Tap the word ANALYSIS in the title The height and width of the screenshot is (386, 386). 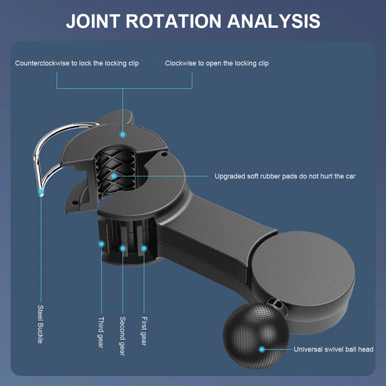[x=274, y=21]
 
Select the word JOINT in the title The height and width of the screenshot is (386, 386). [x=93, y=21]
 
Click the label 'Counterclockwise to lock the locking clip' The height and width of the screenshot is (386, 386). [x=77, y=63]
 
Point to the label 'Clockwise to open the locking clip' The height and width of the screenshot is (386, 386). [x=217, y=63]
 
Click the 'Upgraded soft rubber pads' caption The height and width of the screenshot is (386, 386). [x=285, y=176]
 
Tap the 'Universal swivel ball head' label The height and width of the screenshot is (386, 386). [x=334, y=349]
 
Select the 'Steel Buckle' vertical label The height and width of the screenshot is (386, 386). [x=40, y=324]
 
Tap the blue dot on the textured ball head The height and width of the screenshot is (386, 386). [x=262, y=349]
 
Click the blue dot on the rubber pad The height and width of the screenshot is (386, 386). [x=113, y=176]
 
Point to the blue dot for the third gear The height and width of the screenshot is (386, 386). [x=101, y=244]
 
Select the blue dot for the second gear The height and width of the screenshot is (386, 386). [x=123, y=248]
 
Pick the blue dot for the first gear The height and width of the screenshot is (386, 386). [x=144, y=248]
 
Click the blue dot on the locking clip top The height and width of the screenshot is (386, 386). [x=123, y=135]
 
